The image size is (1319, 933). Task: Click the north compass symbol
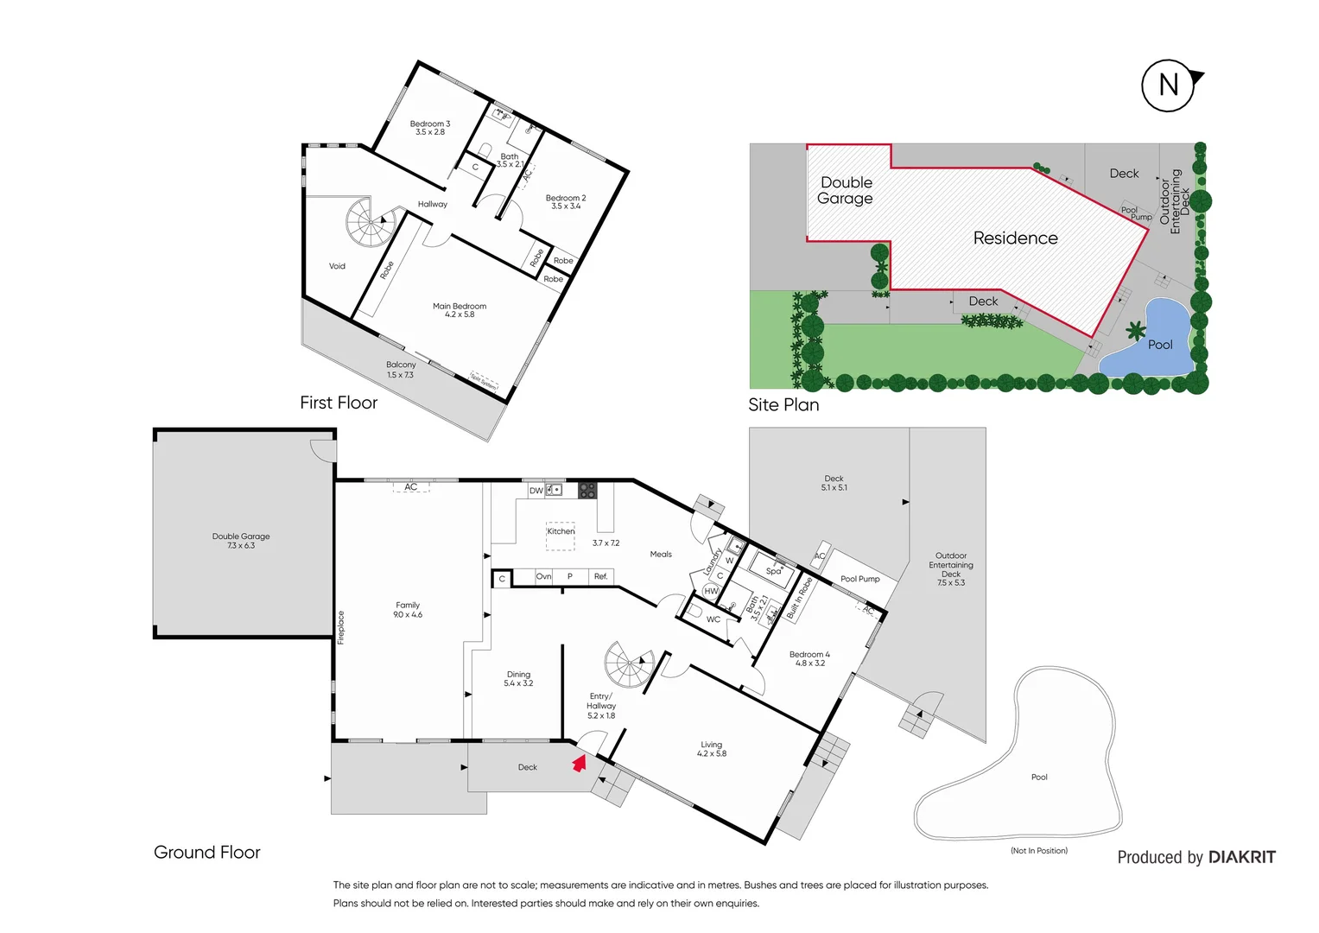[1169, 86]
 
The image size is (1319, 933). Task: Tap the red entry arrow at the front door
[580, 763]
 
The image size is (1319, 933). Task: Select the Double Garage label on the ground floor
[241, 541]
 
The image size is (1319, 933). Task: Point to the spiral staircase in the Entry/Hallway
[628, 665]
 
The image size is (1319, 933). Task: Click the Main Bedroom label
[460, 310]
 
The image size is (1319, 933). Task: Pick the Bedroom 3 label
[430, 128]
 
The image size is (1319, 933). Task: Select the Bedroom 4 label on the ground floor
[809, 658]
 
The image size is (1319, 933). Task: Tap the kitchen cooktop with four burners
[587, 491]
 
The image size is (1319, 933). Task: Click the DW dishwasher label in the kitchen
[536, 491]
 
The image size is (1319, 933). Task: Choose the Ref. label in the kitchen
[601, 576]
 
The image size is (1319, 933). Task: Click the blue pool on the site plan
[1149, 341]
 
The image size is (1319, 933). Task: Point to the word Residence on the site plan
[1015, 238]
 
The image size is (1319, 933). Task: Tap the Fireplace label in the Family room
[341, 627]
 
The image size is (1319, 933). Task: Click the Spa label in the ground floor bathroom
[774, 570]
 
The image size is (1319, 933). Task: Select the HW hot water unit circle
[711, 591]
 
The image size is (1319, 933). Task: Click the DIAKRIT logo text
[1241, 857]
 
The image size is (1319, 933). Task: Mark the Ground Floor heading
[207, 853]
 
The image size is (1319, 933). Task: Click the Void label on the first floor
[337, 266]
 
